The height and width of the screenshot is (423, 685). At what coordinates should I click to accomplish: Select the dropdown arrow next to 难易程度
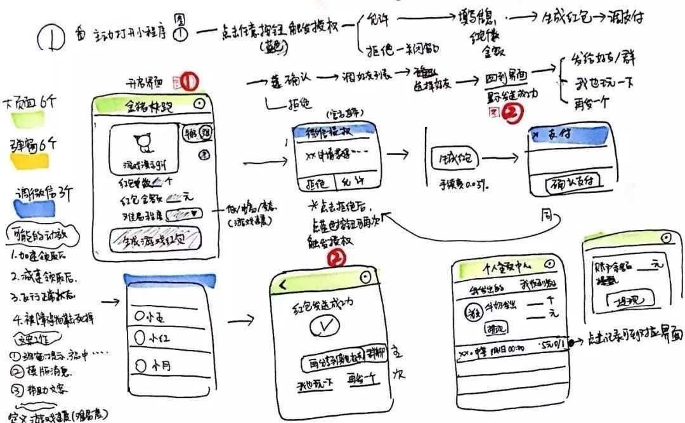click(191, 213)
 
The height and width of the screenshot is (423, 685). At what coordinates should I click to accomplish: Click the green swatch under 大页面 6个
click(24, 118)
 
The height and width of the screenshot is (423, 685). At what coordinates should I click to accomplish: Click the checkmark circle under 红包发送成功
click(323, 328)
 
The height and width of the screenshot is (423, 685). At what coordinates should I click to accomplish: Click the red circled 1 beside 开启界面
click(190, 81)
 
